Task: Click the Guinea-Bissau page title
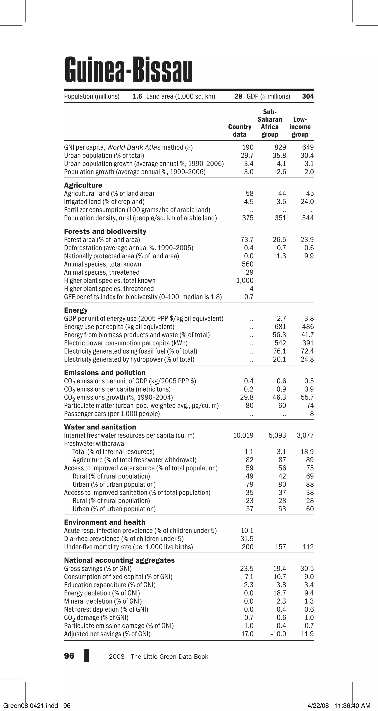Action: click(128, 70)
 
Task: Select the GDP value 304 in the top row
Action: click(308, 96)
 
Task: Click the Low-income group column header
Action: click(300, 127)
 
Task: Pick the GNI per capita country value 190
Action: click(248, 147)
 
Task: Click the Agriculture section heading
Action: click(83, 185)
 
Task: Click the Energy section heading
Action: click(76, 310)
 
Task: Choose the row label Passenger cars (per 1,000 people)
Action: click(112, 414)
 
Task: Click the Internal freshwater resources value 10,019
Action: click(243, 435)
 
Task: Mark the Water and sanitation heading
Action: click(100, 427)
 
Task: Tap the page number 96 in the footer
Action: click(69, 656)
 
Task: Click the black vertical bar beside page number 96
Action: click(86, 655)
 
